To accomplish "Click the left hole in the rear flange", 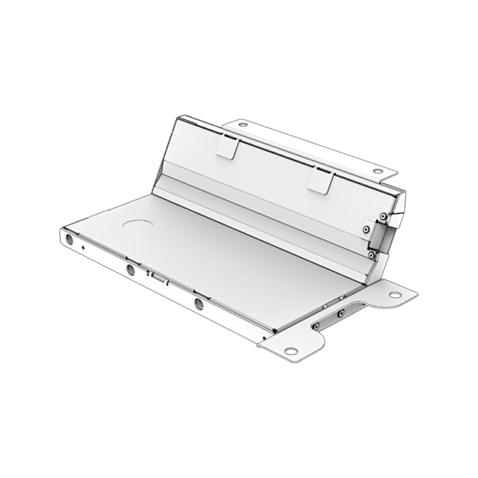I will tap(243, 125).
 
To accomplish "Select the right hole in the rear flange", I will tap(376, 171).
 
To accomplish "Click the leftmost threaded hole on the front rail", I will tap(70, 239).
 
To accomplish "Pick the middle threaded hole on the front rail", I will tap(130, 270).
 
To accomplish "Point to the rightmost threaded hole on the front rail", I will tap(199, 303).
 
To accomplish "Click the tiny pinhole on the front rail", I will tap(83, 247).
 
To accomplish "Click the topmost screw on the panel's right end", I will tap(383, 216).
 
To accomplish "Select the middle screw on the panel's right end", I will tap(366, 229).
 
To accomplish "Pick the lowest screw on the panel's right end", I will tap(371, 255).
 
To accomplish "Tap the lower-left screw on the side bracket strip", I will tap(316, 326).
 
